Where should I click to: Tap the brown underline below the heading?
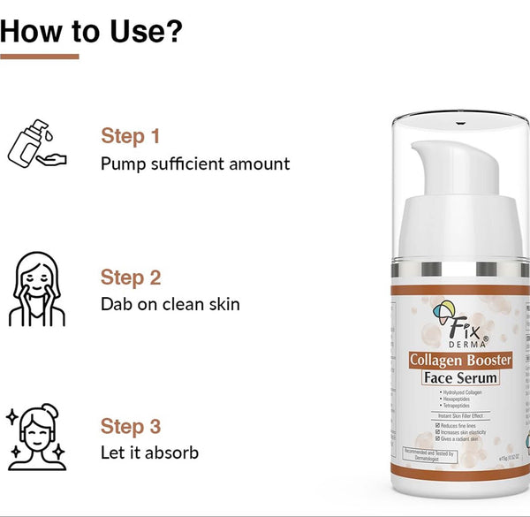click(x=40, y=57)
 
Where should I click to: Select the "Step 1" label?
click(x=130, y=136)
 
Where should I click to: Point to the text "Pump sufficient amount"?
click(x=195, y=163)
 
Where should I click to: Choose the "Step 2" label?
click(x=131, y=278)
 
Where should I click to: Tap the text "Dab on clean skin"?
click(x=170, y=305)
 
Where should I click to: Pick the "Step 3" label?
click(x=131, y=427)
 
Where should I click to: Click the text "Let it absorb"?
click(x=149, y=453)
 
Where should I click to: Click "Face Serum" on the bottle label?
click(x=460, y=378)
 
